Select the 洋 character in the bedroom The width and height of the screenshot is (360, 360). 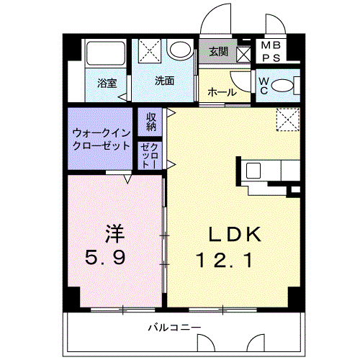tap(114, 234)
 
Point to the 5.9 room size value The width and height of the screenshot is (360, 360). tap(109, 257)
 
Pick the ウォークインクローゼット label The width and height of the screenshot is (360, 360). tap(101, 139)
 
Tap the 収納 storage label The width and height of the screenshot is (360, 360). tap(152, 121)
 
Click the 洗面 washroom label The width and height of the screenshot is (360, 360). tap(164, 81)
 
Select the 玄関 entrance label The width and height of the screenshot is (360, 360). tap(219, 52)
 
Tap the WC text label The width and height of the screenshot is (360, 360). tap(264, 86)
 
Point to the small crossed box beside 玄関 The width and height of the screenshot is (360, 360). tap(243, 53)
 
